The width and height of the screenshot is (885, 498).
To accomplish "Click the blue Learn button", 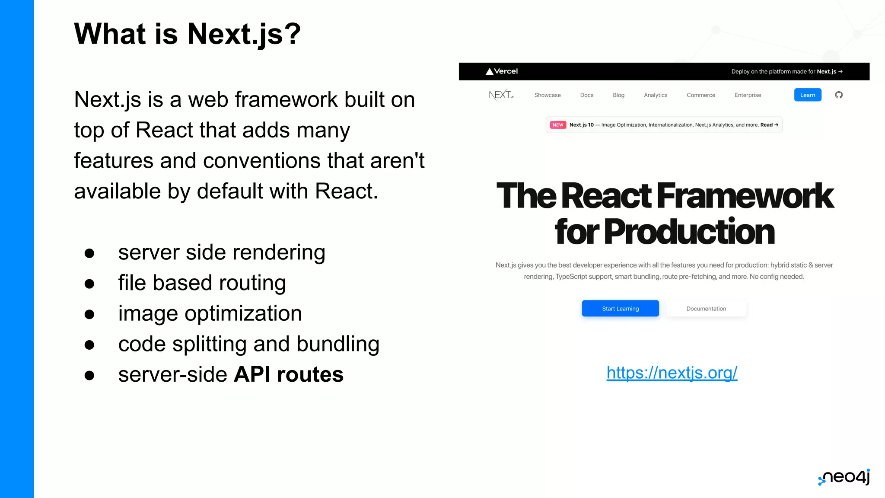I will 807,95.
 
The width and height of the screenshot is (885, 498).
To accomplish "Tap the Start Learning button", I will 620,309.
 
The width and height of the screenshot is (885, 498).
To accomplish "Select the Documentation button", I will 706,309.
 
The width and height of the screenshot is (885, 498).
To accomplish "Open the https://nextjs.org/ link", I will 672,373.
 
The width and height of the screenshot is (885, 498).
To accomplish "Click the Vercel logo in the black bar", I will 501,71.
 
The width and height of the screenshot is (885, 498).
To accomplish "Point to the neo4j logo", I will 844,477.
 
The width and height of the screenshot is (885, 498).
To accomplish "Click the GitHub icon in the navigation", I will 839,95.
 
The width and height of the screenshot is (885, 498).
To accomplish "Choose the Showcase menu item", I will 547,95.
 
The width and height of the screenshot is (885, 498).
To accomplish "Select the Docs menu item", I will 586,95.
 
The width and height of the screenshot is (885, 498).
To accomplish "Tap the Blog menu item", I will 618,95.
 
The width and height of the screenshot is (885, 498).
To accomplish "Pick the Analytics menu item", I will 655,95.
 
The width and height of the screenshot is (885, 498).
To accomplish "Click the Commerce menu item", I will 700,95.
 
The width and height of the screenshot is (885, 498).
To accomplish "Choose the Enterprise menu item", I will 748,95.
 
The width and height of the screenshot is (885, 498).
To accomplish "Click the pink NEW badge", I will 558,125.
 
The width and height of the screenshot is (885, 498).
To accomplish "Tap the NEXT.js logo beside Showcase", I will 501,95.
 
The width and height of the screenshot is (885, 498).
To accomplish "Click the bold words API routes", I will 288,374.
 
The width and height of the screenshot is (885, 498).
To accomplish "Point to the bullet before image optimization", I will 89,314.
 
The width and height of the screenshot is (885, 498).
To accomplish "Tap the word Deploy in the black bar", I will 740,72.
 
